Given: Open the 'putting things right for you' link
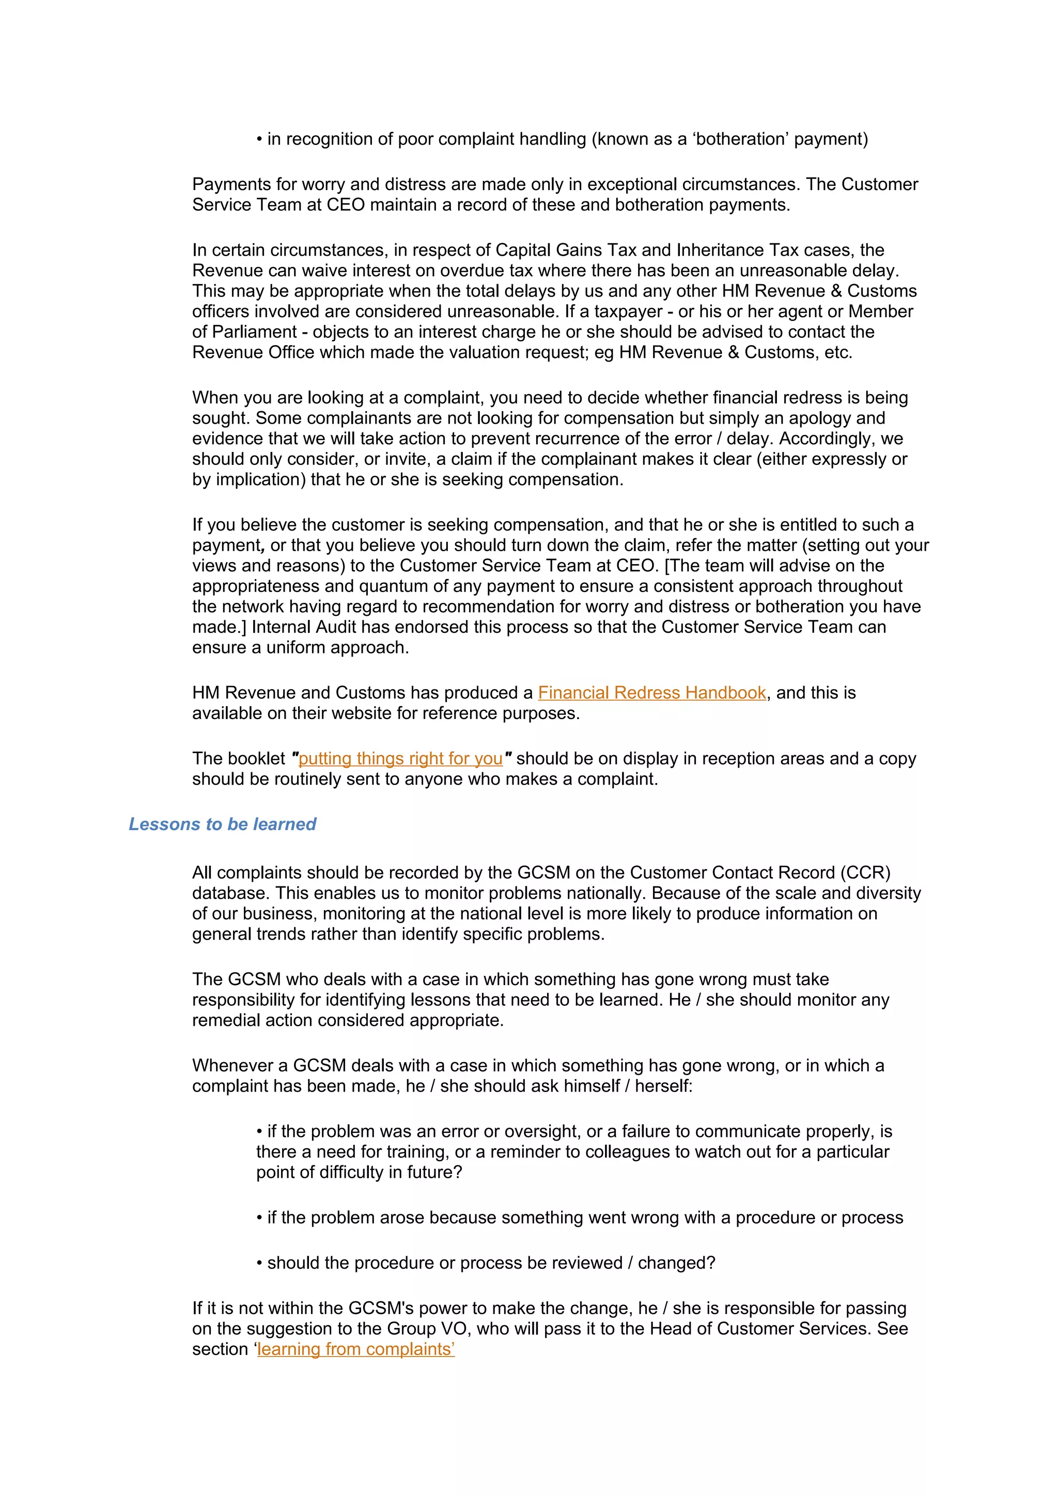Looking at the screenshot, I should pos(400,758).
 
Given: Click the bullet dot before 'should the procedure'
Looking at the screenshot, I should pos(259,1264).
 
